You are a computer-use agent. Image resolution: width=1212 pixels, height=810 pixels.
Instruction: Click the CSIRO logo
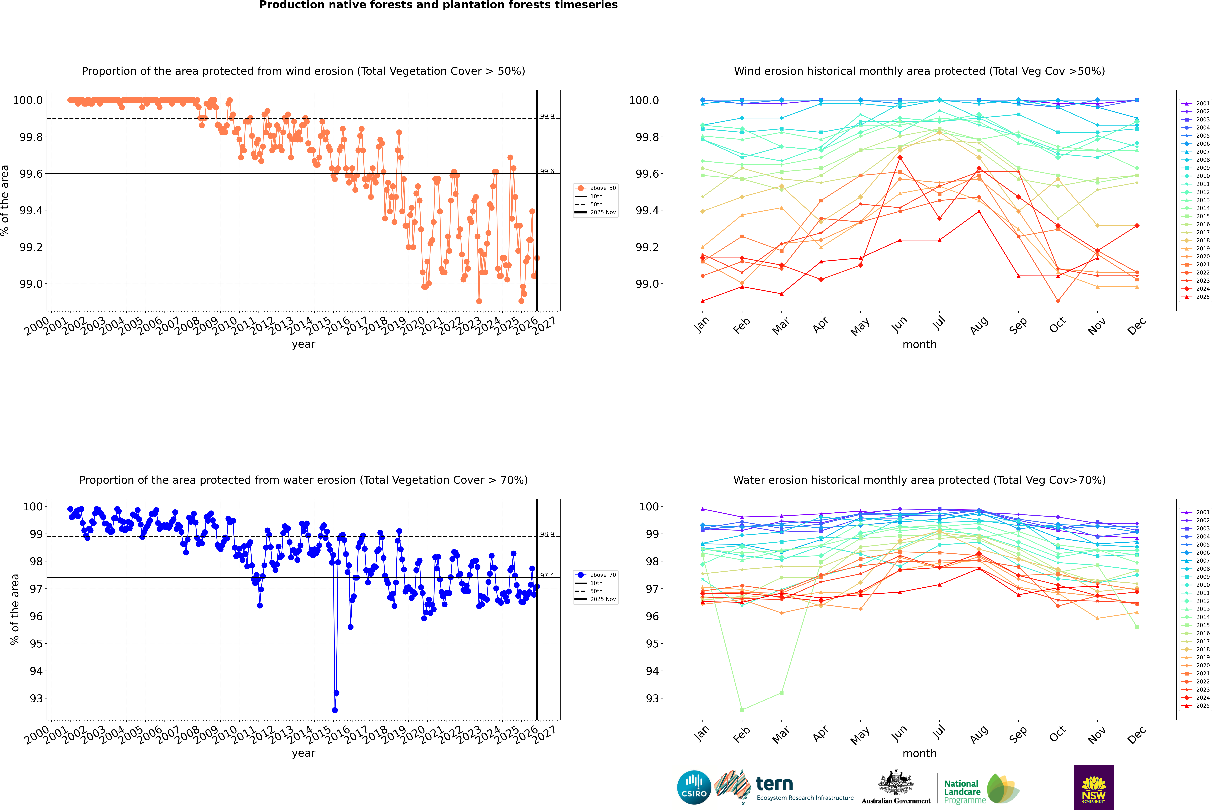coord(694,787)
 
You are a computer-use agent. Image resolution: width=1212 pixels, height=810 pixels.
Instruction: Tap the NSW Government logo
coord(1094,787)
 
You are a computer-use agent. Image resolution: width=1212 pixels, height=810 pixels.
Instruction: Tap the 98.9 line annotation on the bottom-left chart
coord(547,534)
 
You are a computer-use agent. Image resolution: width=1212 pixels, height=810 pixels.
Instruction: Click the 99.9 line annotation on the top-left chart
coord(547,116)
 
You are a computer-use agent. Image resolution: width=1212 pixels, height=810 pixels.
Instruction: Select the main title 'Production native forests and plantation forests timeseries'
coord(438,5)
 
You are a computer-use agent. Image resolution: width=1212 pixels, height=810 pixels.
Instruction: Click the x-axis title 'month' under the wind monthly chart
coord(919,344)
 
